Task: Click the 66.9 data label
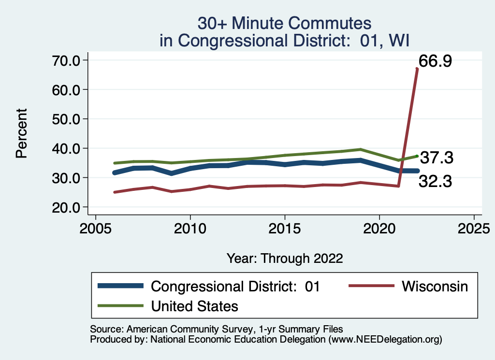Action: pyautogui.click(x=435, y=61)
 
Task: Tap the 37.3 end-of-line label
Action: pyautogui.click(x=436, y=158)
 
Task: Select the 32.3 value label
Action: pyautogui.click(x=435, y=182)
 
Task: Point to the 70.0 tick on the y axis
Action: pyautogui.click(x=67, y=60)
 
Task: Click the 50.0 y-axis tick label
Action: pyautogui.click(x=67, y=119)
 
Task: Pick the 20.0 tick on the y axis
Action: pyautogui.click(x=67, y=207)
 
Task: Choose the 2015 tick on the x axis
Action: pyautogui.click(x=285, y=227)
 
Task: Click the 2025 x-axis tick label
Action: pyautogui.click(x=474, y=227)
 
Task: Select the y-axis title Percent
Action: pyautogui.click(x=21, y=133)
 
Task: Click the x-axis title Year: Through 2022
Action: pyautogui.click(x=285, y=258)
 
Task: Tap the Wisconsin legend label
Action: pyautogui.click(x=435, y=286)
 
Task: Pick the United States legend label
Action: pyautogui.click(x=195, y=306)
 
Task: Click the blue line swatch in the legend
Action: pyautogui.click(x=120, y=286)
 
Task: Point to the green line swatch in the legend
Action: pyautogui.click(x=120, y=306)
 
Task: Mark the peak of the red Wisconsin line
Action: pyautogui.click(x=417, y=69)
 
